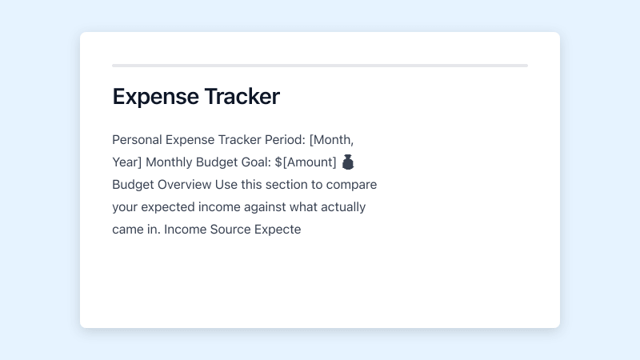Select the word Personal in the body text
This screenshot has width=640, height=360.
point(136,139)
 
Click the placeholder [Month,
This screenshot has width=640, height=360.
point(331,139)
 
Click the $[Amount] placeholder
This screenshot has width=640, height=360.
point(305,162)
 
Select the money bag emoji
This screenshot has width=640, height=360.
point(348,162)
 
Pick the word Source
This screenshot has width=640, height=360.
point(229,230)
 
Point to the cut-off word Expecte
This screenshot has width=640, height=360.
point(277,230)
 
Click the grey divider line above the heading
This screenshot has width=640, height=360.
point(320,65)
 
